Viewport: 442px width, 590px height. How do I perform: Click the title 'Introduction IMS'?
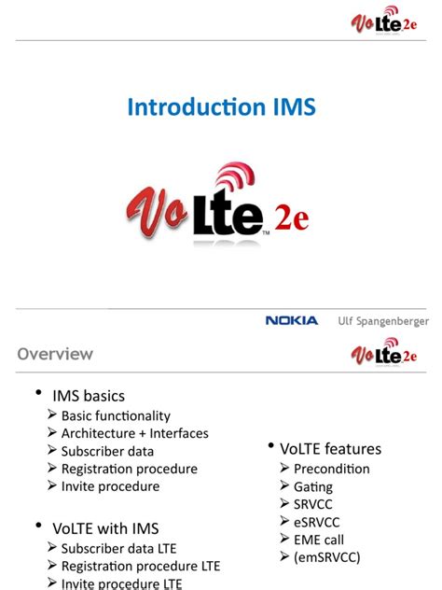pos(221,108)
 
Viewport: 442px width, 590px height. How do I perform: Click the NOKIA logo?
pos(292,320)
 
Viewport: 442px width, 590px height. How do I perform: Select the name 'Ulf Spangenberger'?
pos(383,321)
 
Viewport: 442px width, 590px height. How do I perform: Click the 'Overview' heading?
pos(55,354)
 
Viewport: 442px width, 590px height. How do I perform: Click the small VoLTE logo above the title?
pos(383,22)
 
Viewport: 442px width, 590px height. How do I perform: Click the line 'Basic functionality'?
pos(116,415)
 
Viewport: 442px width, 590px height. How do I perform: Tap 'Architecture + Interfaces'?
pos(134,433)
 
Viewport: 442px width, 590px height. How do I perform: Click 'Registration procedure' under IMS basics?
pos(129,469)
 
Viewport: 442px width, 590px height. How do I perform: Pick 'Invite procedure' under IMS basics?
pos(110,486)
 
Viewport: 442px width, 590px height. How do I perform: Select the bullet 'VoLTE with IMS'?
pos(105,528)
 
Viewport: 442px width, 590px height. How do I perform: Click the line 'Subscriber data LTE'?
pos(118,548)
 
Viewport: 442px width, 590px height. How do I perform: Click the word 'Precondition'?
pos(331,469)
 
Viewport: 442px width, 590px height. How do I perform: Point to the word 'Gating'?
pos(312,486)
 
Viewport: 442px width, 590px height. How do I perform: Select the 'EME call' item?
pos(318,540)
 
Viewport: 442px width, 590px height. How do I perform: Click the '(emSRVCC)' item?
pos(326,557)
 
